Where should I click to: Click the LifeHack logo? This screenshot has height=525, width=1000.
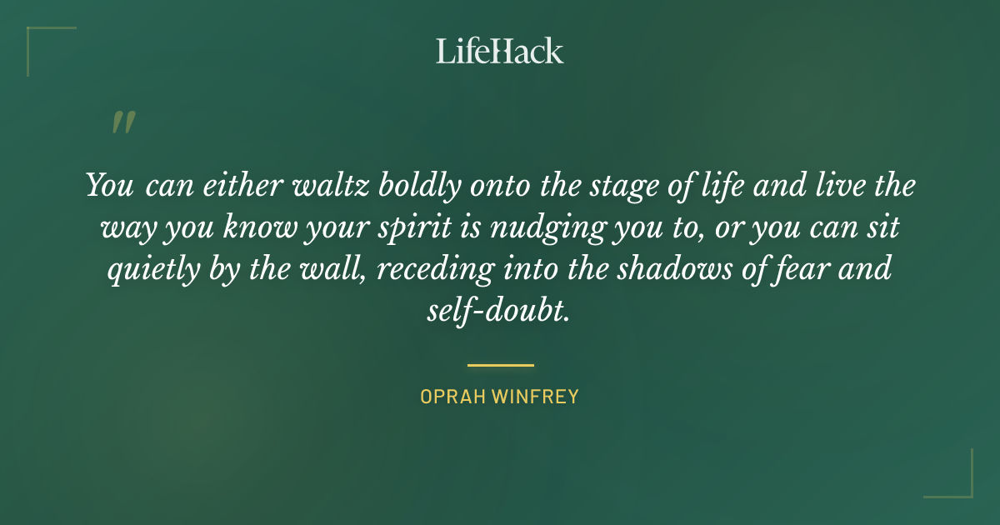[500, 51]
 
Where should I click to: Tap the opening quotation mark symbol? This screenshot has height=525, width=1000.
[122, 122]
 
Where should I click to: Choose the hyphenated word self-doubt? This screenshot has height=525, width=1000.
[497, 310]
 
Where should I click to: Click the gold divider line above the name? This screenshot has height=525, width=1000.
[500, 365]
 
